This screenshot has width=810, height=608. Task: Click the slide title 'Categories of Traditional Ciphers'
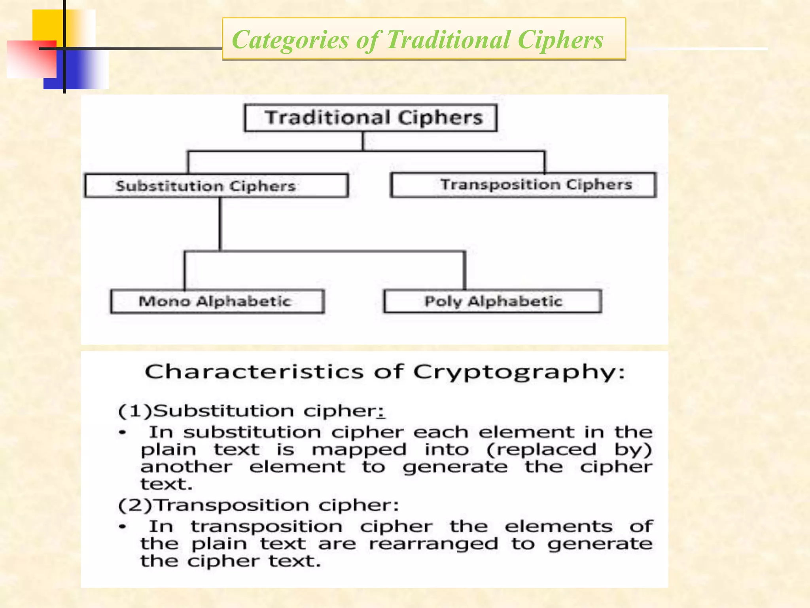point(417,40)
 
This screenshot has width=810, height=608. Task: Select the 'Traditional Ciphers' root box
point(371,118)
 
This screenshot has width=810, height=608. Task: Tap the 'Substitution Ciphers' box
point(216,186)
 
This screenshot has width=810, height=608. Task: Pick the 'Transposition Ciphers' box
point(523,184)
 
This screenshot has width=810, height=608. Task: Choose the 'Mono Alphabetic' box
point(217,301)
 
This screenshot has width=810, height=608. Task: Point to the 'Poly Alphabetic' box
point(493,301)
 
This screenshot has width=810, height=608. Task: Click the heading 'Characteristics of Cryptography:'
point(384,372)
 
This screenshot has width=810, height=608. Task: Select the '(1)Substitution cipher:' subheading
point(252,411)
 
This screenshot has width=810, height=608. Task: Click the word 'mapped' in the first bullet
point(359,450)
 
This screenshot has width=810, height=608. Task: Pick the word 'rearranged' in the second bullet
point(433,544)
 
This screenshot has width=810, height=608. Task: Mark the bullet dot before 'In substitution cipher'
point(123,433)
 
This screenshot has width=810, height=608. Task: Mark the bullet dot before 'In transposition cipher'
point(123,527)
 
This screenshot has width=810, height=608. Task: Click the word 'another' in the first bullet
point(186,467)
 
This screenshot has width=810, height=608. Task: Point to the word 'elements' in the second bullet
point(558,526)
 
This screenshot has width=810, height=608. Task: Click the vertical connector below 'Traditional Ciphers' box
point(363,141)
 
